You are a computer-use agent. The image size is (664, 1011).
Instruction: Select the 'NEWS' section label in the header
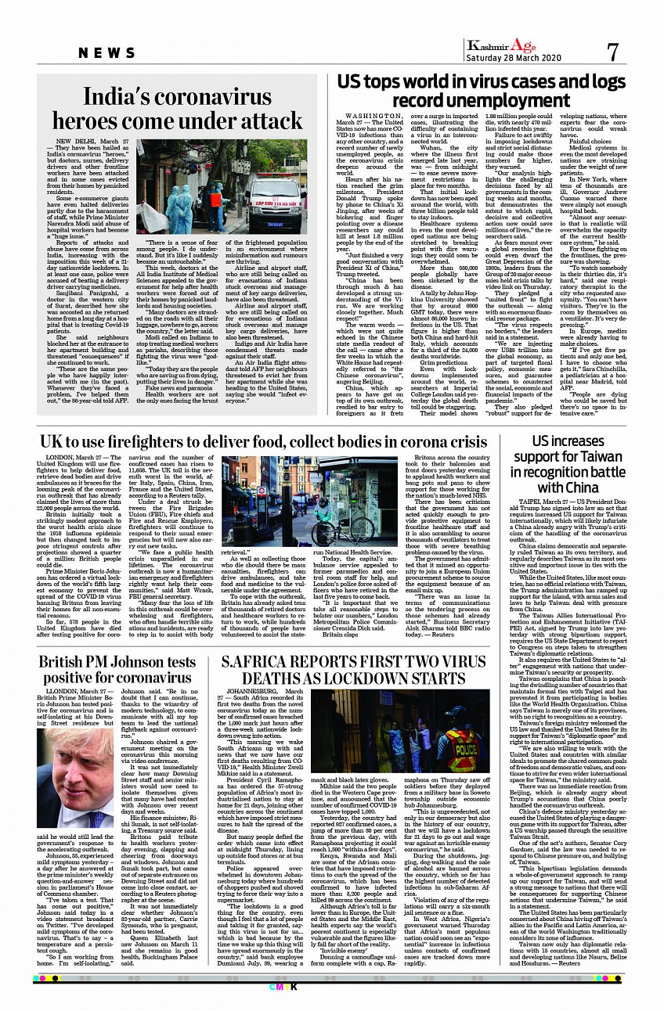tap(107, 52)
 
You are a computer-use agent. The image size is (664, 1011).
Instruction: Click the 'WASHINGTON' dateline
tap(362, 115)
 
